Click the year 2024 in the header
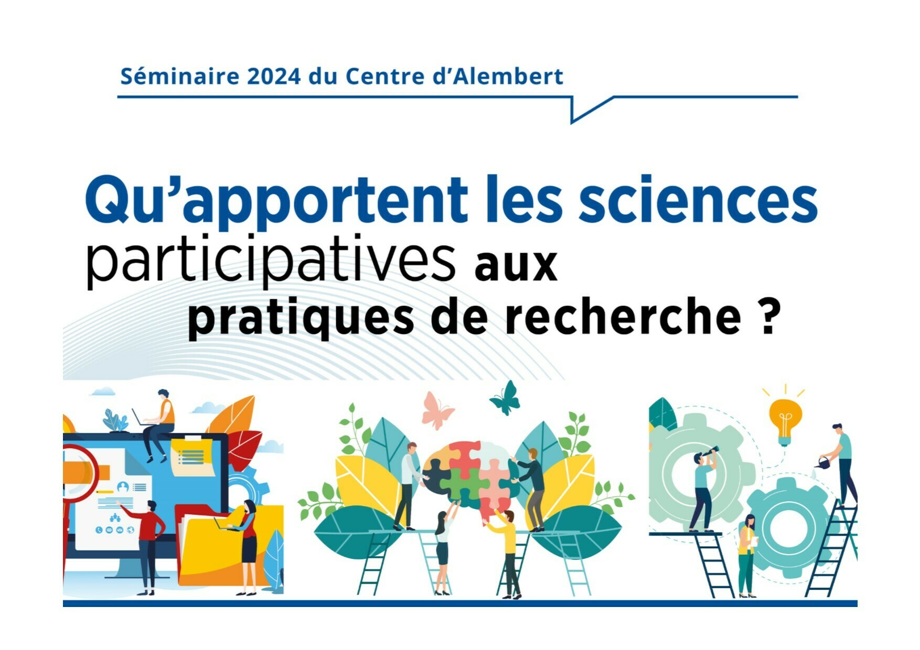[274, 77]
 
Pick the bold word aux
[516, 266]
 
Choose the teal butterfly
[506, 398]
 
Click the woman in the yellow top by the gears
[746, 556]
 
